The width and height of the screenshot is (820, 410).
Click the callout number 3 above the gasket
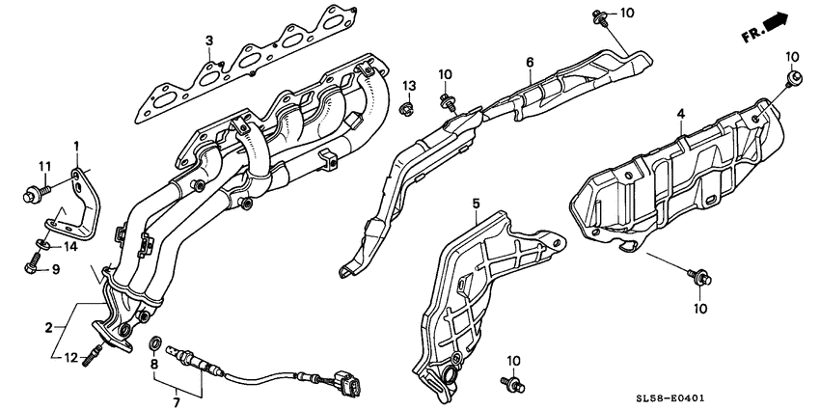(207, 40)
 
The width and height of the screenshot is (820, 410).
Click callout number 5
(476, 203)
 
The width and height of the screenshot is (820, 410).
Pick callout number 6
(529, 63)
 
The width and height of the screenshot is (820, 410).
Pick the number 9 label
(55, 269)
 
